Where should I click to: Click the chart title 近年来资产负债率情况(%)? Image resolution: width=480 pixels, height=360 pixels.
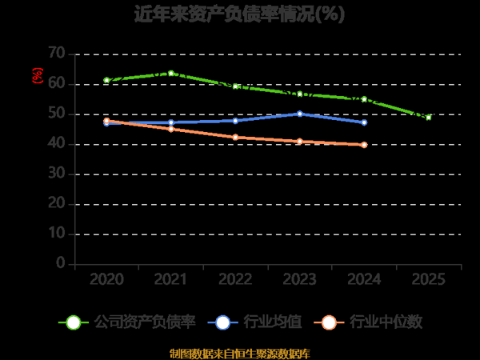[239, 15]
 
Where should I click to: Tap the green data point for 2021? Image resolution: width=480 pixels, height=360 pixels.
[171, 74]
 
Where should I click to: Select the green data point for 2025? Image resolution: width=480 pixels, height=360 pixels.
[429, 118]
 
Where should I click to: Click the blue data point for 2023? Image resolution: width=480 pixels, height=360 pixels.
[300, 114]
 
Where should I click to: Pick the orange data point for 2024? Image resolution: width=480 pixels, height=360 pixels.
[364, 145]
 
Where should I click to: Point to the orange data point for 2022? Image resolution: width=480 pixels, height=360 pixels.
[235, 138]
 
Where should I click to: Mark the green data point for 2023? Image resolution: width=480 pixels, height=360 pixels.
[300, 94]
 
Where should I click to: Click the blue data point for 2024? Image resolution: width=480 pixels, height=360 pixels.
[364, 122]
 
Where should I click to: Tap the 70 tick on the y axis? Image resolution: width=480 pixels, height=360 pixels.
[56, 54]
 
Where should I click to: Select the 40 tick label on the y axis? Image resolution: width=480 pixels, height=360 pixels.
[56, 144]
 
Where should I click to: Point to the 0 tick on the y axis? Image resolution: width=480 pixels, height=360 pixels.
[60, 263]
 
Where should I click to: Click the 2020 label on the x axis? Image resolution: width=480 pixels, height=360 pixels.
[106, 280]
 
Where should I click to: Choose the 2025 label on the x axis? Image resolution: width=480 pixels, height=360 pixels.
[429, 280]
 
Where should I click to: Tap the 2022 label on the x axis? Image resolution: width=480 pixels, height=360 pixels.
[235, 280]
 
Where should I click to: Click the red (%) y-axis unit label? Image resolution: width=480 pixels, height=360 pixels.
[37, 75]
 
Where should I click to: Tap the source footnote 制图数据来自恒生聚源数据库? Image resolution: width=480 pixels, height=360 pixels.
[239, 352]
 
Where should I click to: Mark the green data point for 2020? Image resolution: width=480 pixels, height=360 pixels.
[106, 81]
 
